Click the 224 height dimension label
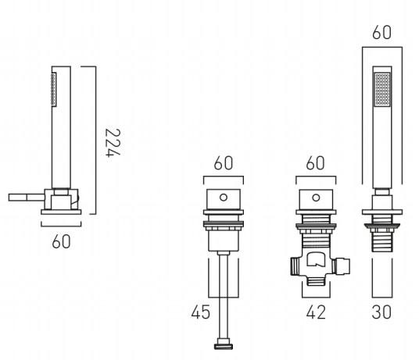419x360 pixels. pos(113,143)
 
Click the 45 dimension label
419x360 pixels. pos(201,312)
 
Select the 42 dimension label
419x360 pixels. pos(316,312)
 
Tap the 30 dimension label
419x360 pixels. pos(381,312)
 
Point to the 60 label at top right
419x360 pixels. pos(381,32)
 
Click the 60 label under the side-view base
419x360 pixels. pos(61,241)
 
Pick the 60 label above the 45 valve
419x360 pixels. pos(223,162)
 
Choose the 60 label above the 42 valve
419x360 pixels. pos(315,162)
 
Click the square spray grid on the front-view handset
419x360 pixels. pos(382,89)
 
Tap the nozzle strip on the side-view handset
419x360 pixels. pos(54,89)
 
